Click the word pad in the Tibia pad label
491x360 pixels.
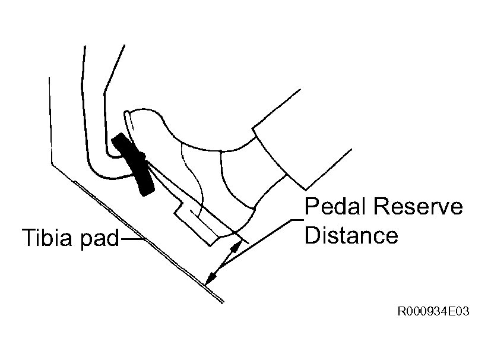pyautogui.click(x=100, y=239)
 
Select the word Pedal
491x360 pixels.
pyautogui.click(x=335, y=206)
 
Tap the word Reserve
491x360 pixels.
pyautogui.click(x=418, y=206)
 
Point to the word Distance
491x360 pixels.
pyautogui.click(x=351, y=235)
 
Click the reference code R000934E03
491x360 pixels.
pyautogui.click(x=433, y=311)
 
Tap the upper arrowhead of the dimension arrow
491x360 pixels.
pyautogui.click(x=236, y=247)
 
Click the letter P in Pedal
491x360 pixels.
pyautogui.click(x=311, y=206)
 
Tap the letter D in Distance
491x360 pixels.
pyautogui.click(x=312, y=235)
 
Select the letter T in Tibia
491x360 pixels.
pyautogui.click(x=29, y=237)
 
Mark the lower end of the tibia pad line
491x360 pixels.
pyautogui.click(x=223, y=302)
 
